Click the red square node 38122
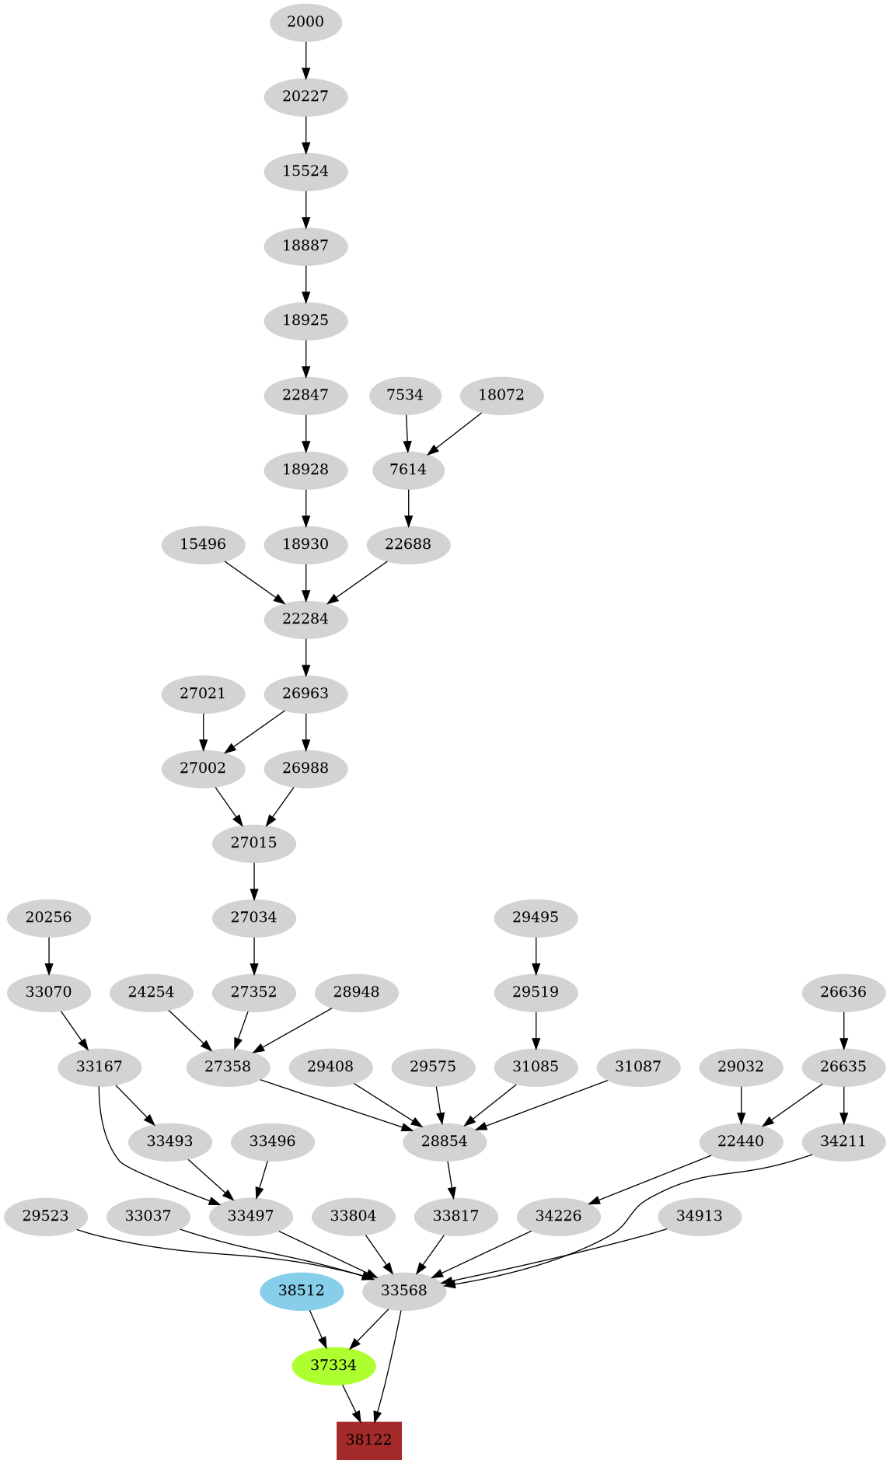point(368,1439)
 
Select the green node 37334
point(333,1364)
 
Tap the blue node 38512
point(302,1290)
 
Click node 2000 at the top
point(305,22)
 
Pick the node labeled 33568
point(404,1290)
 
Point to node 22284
point(305,619)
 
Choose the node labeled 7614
point(408,470)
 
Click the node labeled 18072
point(501,395)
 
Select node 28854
point(445,1141)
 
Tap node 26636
point(843,992)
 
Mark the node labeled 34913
point(700,1216)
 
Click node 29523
point(46,1216)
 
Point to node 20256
point(49,917)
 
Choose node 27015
point(254,843)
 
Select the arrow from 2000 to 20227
point(305,59)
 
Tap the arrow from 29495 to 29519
point(536,955)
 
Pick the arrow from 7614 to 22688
point(409,507)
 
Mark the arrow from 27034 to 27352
point(254,955)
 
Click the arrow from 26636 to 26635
point(843,1029)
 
